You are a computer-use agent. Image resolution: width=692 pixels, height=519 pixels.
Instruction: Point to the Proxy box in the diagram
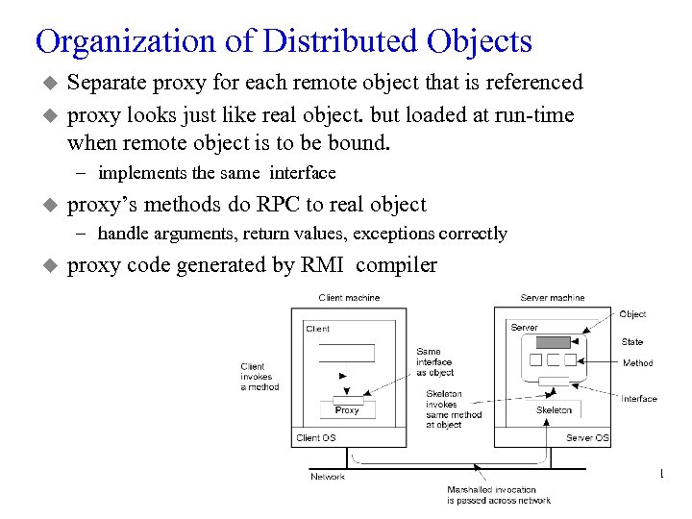pos(346,409)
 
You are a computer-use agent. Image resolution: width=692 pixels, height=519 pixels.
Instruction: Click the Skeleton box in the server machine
pos(554,409)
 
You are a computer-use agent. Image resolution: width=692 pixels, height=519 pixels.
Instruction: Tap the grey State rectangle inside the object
pos(553,342)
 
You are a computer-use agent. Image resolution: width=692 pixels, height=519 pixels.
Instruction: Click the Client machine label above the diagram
pos(349,298)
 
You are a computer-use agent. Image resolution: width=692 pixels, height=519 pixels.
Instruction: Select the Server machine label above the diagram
pos(552,298)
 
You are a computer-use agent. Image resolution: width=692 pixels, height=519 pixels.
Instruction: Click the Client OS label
pos(315,438)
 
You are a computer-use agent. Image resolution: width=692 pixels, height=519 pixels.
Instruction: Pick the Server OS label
pos(587,438)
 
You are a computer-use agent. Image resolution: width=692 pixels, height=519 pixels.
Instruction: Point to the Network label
pos(328,476)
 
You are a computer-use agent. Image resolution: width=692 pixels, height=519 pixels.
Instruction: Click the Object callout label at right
pos(632,314)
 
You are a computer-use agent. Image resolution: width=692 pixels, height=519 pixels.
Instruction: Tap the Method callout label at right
pos(637,363)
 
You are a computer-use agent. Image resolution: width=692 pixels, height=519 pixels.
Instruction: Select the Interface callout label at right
pos(639,399)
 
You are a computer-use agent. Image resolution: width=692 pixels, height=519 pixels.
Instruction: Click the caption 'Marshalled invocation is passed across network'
pos(498,495)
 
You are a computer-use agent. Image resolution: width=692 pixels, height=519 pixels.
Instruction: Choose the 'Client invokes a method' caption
pos(259,377)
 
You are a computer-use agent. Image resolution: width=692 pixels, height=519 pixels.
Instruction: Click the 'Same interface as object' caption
pos(434,362)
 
